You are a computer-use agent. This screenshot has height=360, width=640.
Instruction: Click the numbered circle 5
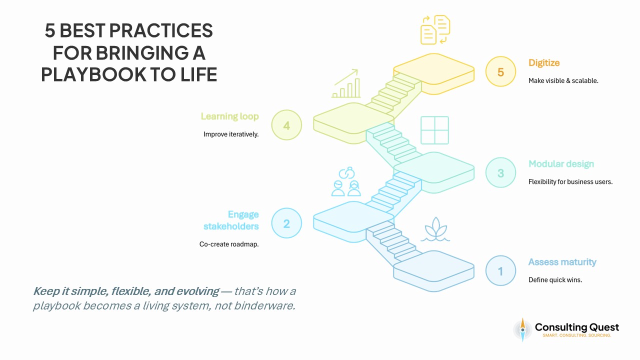tap(500, 72)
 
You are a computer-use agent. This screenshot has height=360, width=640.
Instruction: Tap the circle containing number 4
tap(286, 125)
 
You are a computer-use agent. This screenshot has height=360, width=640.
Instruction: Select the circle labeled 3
tap(500, 173)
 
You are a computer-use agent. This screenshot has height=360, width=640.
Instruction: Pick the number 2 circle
tap(286, 223)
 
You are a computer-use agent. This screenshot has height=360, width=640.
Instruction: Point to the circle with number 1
tap(500, 270)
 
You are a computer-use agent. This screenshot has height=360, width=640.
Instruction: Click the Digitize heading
tap(544, 63)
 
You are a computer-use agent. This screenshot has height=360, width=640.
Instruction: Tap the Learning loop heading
tap(229, 116)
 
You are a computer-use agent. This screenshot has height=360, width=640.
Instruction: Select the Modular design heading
tap(561, 164)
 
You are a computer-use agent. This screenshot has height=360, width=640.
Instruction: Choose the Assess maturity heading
tap(562, 262)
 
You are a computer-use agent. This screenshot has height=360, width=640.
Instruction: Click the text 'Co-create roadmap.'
tap(228, 244)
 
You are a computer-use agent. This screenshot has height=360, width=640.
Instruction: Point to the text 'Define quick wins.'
tap(555, 280)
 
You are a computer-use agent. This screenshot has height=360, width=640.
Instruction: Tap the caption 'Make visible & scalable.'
tap(563, 80)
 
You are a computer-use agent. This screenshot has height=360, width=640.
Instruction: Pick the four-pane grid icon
tap(434, 130)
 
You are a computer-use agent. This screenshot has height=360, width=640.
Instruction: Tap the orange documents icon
tap(435, 29)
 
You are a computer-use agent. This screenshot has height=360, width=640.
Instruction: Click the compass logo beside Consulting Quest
tap(522, 329)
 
